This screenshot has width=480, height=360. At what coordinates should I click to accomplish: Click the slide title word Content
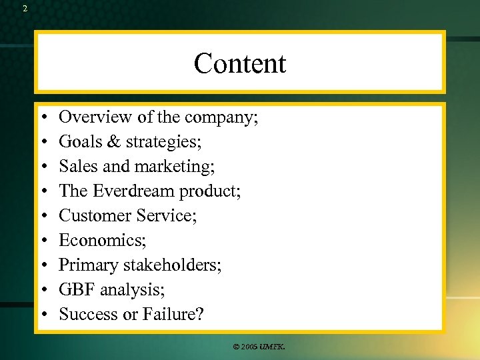240,64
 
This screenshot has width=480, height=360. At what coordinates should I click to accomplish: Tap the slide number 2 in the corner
25,9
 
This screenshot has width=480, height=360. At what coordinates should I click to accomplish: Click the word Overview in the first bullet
96,118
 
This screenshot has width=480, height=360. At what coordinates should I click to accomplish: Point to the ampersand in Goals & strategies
111,142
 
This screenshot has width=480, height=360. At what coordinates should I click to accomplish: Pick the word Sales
76,167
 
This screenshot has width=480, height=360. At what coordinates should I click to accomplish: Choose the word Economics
100,240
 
